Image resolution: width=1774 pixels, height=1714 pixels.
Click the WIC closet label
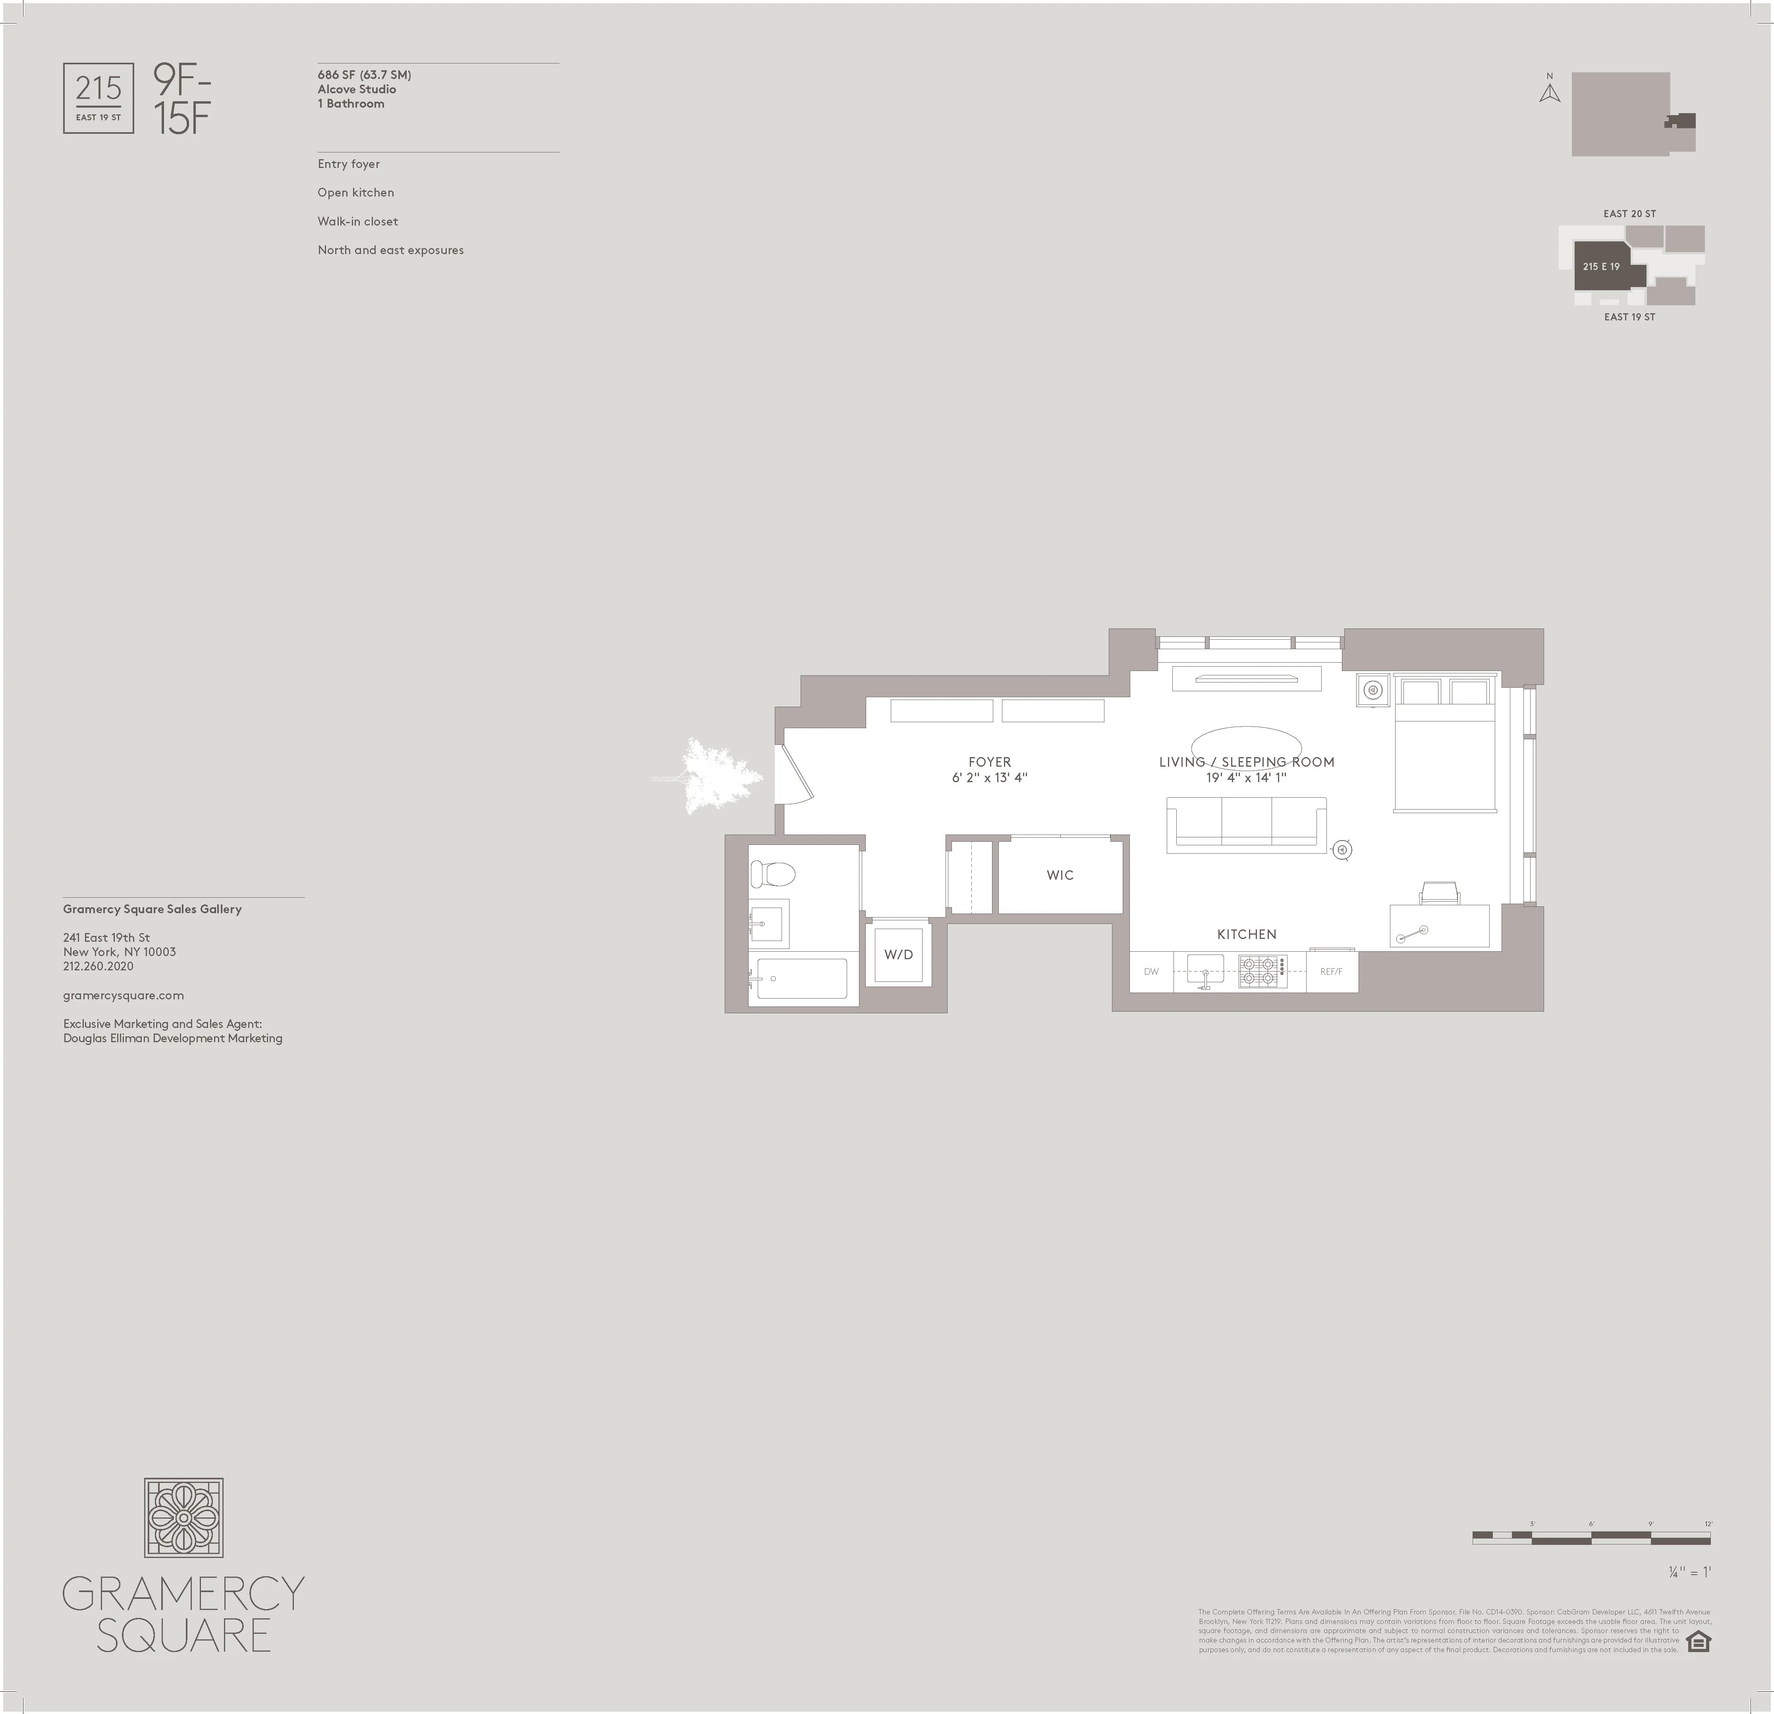pyautogui.click(x=1060, y=875)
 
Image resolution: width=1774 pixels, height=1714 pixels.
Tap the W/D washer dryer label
pyautogui.click(x=898, y=955)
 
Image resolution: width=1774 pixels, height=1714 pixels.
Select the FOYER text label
pyautogui.click(x=989, y=762)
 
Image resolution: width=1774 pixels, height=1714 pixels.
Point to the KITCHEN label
pyautogui.click(x=1246, y=934)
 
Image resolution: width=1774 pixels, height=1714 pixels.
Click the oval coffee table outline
pyautogui.click(x=1246, y=746)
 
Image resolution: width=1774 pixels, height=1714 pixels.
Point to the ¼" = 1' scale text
pyautogui.click(x=1690, y=1572)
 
